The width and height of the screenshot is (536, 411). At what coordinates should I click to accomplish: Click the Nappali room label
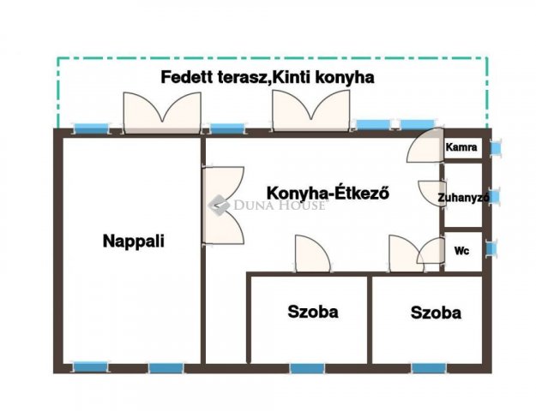(134, 241)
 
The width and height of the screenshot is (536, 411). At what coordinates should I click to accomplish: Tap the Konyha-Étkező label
(328, 193)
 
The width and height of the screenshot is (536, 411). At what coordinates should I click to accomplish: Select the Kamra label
(461, 147)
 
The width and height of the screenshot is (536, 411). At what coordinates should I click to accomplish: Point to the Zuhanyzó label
(463, 198)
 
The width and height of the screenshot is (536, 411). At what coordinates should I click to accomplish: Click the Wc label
(461, 251)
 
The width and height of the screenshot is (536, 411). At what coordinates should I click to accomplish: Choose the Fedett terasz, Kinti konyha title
(268, 77)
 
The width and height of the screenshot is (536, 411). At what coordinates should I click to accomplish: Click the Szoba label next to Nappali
(313, 312)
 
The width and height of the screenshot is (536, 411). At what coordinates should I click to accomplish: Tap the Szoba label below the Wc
(436, 313)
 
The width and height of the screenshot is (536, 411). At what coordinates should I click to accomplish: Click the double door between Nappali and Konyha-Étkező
(223, 205)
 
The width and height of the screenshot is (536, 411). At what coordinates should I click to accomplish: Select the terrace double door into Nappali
(162, 112)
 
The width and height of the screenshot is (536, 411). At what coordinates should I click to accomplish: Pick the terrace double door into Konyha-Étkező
(310, 110)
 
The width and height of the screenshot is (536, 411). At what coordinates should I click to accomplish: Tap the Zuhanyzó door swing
(432, 193)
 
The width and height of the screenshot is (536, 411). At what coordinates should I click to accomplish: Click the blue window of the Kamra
(495, 148)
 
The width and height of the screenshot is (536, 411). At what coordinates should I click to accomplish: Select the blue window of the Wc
(491, 248)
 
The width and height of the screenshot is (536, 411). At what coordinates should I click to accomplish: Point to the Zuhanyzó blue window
(494, 197)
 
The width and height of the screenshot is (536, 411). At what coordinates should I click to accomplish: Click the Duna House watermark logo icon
(219, 205)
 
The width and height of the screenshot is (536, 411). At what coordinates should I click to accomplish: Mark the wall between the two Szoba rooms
(370, 320)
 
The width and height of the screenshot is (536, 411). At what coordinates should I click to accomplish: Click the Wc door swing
(431, 251)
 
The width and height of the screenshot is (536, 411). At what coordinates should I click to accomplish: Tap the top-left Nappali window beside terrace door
(91, 128)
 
